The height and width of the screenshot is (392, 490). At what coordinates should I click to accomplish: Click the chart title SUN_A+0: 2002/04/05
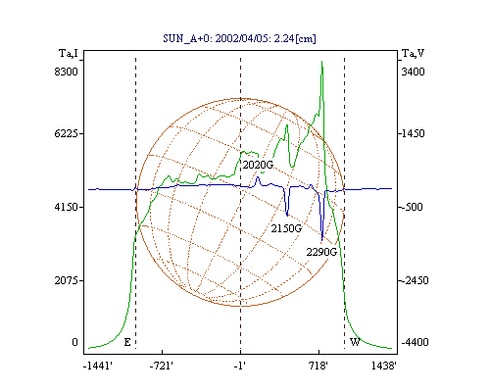(213, 38)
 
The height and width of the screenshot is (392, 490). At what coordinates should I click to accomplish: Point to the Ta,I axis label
(69, 53)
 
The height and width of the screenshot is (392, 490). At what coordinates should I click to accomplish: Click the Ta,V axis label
(413, 53)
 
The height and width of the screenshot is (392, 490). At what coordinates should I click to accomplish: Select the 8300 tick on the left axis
(66, 72)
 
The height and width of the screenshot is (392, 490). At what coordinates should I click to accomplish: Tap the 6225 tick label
(66, 133)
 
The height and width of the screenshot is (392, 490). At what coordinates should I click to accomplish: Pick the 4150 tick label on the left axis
(66, 207)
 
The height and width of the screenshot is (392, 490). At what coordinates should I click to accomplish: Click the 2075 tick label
(66, 280)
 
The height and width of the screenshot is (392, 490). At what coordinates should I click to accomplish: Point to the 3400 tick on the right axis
(413, 72)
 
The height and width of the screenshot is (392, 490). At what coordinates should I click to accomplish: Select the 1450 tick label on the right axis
(413, 133)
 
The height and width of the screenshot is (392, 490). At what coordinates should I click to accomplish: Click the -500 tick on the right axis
(412, 207)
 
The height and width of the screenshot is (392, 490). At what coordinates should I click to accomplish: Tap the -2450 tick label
(415, 280)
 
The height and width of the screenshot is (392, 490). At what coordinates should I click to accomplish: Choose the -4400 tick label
(415, 342)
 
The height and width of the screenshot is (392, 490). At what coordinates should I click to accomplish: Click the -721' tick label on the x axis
(162, 366)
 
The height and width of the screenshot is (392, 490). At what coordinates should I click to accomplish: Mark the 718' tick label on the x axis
(318, 366)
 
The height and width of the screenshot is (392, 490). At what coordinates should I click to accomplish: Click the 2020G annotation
(258, 165)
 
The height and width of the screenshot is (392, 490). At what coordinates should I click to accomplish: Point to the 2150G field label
(286, 228)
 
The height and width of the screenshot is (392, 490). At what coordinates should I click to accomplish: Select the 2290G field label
(321, 252)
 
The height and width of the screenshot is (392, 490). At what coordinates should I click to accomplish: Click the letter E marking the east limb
(127, 342)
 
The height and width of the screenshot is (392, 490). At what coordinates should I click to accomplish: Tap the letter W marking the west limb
(355, 342)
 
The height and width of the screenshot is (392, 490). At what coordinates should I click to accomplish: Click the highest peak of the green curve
(321, 62)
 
